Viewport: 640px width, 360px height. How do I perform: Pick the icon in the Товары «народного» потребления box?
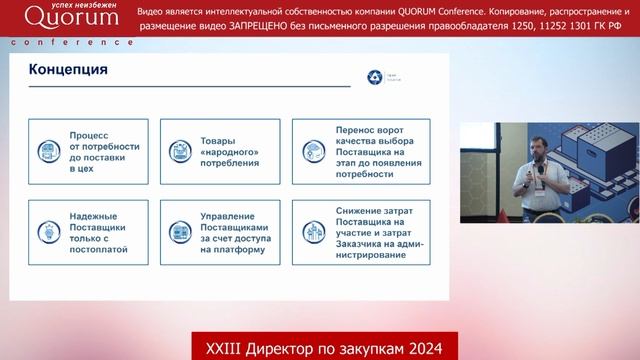(180, 151)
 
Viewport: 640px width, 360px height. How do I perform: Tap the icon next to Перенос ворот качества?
(312, 151)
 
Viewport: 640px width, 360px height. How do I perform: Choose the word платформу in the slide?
(232, 250)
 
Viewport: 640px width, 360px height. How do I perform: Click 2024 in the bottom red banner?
(432, 345)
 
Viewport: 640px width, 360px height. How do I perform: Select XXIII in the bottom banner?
(222, 345)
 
